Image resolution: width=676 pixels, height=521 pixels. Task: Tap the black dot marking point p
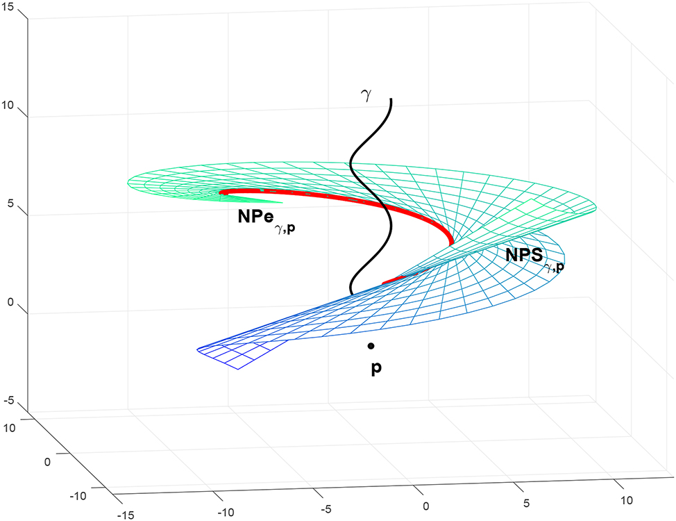coord(371,345)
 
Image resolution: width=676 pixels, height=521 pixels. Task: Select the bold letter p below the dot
coord(375,368)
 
